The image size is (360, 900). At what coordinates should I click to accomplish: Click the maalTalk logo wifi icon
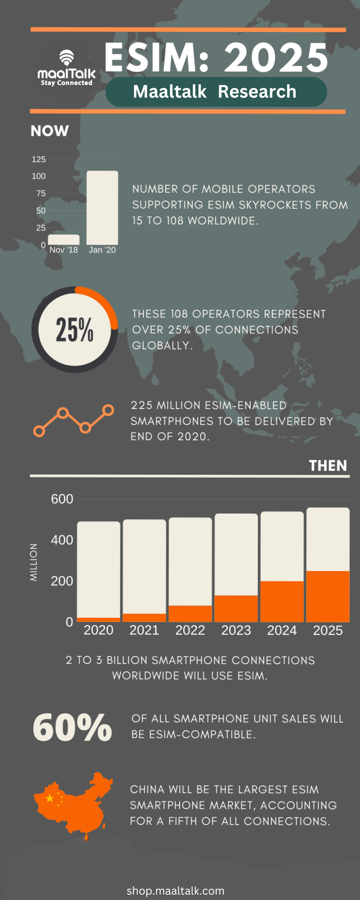tap(67, 58)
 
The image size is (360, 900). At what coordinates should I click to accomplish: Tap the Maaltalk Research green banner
tap(216, 92)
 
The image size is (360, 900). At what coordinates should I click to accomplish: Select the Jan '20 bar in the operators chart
tap(102, 208)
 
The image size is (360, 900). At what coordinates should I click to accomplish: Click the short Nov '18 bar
tap(63, 240)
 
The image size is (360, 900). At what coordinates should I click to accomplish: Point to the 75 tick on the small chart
tap(40, 193)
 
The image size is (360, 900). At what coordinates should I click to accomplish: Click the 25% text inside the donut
tap(75, 330)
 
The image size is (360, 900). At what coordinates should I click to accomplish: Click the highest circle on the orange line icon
tap(108, 409)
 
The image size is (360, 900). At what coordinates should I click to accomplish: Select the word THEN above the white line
tap(328, 465)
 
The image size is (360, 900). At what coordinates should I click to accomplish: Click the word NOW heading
tap(49, 131)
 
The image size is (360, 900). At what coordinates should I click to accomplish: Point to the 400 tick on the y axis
tap(62, 540)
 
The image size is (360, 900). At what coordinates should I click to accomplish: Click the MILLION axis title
tap(34, 562)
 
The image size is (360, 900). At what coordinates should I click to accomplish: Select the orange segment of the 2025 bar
tap(328, 596)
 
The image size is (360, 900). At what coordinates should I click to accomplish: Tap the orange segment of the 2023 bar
tap(236, 608)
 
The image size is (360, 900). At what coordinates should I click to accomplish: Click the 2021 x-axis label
tap(144, 630)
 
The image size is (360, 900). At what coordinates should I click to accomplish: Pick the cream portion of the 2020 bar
tap(99, 569)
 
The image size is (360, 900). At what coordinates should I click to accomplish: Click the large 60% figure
tap(72, 727)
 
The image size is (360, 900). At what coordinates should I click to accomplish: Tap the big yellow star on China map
tap(49, 798)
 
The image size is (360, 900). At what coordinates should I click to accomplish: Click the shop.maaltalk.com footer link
tap(175, 891)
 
